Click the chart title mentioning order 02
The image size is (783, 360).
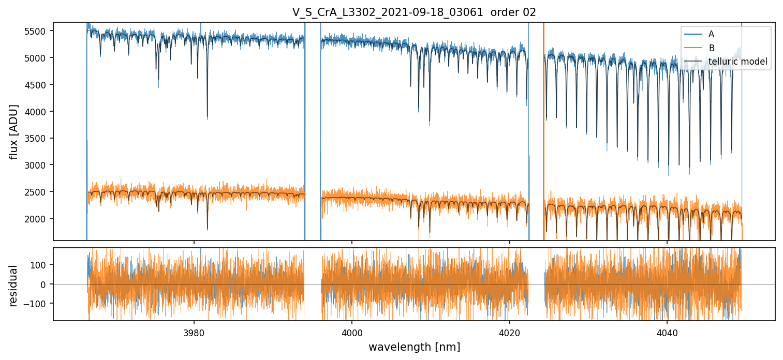[x=414, y=12]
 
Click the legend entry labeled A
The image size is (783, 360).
[x=711, y=34]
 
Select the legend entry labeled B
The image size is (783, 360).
[x=711, y=48]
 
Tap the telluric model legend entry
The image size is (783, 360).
[x=737, y=62]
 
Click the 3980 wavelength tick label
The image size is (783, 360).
[x=194, y=331]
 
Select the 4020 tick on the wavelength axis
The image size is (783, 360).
[x=509, y=331]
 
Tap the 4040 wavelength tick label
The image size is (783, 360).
[x=667, y=331]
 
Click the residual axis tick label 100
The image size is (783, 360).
[x=42, y=265]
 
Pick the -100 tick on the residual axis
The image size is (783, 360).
[x=40, y=304]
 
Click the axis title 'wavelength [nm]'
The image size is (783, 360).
[x=414, y=347]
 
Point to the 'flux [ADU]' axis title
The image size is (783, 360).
[x=14, y=131]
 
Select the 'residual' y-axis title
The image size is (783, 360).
[x=14, y=285]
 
